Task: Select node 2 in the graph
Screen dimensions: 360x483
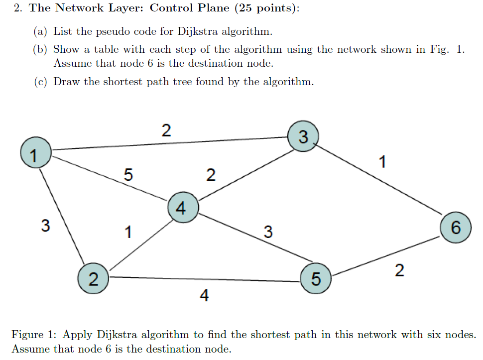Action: pyautogui.click(x=93, y=278)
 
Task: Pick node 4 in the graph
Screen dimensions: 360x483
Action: pyautogui.click(x=183, y=208)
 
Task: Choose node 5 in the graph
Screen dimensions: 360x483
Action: pyautogui.click(x=316, y=278)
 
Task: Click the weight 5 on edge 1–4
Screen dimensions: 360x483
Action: pyautogui.click(x=128, y=175)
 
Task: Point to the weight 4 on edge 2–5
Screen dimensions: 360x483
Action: pyautogui.click(x=204, y=296)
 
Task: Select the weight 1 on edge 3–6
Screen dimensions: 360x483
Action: pyautogui.click(x=382, y=162)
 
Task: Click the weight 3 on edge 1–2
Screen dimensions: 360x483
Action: pyautogui.click(x=45, y=226)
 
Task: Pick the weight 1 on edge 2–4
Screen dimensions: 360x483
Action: pyautogui.click(x=128, y=232)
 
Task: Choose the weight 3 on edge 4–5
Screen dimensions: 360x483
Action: pyautogui.click(x=268, y=232)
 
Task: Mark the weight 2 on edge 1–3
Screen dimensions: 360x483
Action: pyautogui.click(x=166, y=130)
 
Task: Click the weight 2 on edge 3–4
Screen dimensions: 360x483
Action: pyautogui.click(x=211, y=175)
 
